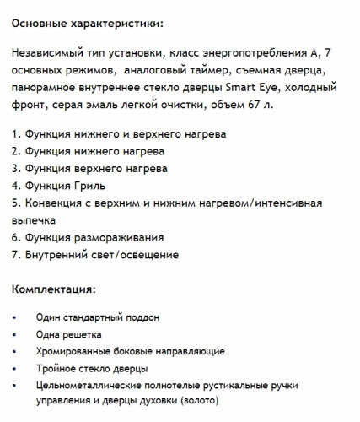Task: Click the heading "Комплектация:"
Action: pyautogui.click(x=53, y=289)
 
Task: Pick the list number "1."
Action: pyautogui.click(x=17, y=133)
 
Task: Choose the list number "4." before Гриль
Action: pyautogui.click(x=17, y=185)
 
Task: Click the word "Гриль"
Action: pyautogui.click(x=88, y=185)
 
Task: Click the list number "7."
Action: pyautogui.click(x=17, y=254)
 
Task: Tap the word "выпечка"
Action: pyautogui.click(x=35, y=219)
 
